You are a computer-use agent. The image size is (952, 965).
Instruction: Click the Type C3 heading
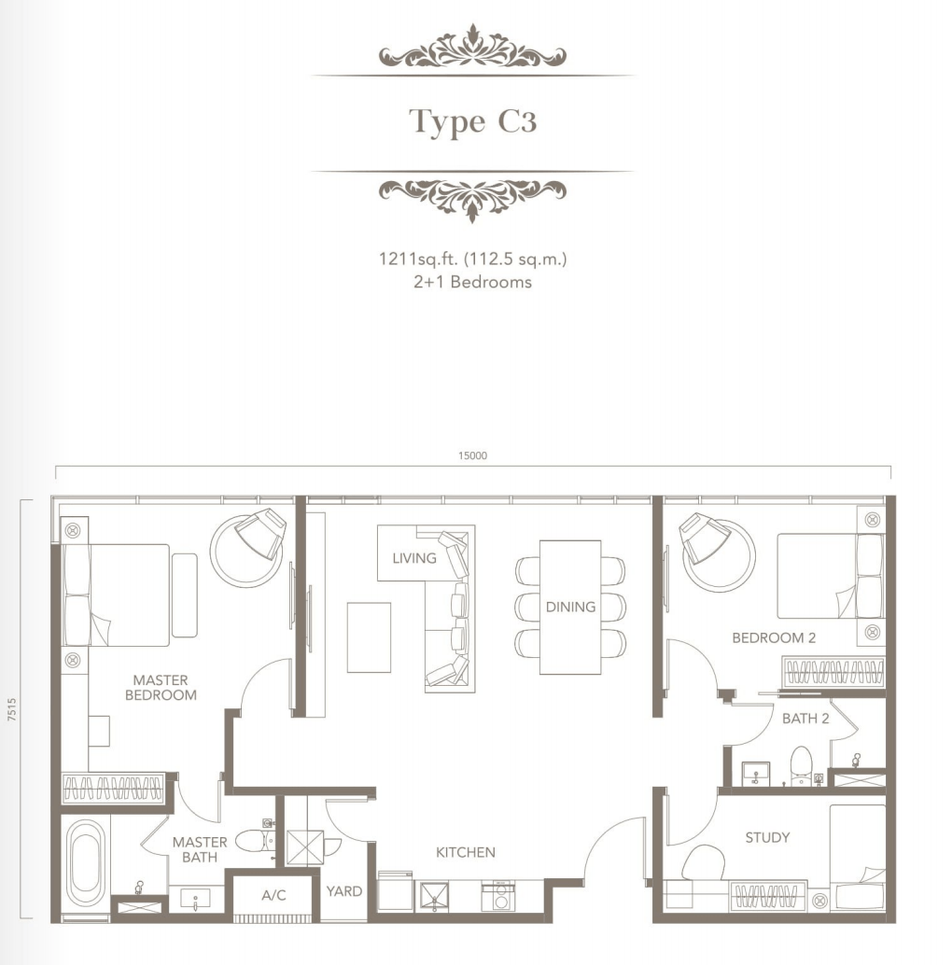pyautogui.click(x=472, y=120)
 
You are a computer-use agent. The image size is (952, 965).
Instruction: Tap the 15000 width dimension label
pyautogui.click(x=472, y=455)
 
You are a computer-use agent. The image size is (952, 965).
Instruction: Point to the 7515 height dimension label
pyautogui.click(x=12, y=708)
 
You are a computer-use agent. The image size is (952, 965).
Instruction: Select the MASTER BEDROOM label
pyautogui.click(x=161, y=688)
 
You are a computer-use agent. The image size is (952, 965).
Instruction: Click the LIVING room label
pyautogui.click(x=414, y=558)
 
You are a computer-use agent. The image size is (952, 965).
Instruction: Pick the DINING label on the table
pyautogui.click(x=570, y=607)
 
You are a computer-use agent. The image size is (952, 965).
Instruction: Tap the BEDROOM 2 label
pyautogui.click(x=774, y=637)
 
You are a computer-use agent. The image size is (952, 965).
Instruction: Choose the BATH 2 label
pyautogui.click(x=805, y=719)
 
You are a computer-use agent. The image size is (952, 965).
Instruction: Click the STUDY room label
pyautogui.click(x=767, y=837)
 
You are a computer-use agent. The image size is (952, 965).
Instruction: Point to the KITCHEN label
pyautogui.click(x=465, y=852)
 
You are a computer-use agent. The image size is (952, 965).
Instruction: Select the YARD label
pyautogui.click(x=344, y=891)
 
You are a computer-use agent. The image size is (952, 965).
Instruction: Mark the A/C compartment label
pyautogui.click(x=273, y=895)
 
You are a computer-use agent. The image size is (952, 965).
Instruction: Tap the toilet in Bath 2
pyautogui.click(x=801, y=765)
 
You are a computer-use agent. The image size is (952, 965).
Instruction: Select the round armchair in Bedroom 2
pyautogui.click(x=716, y=551)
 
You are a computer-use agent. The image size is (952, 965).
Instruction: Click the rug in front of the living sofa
pyautogui.click(x=369, y=637)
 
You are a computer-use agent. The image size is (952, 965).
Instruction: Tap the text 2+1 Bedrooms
pyautogui.click(x=472, y=282)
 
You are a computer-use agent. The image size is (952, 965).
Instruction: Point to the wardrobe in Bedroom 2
pyautogui.click(x=833, y=672)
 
